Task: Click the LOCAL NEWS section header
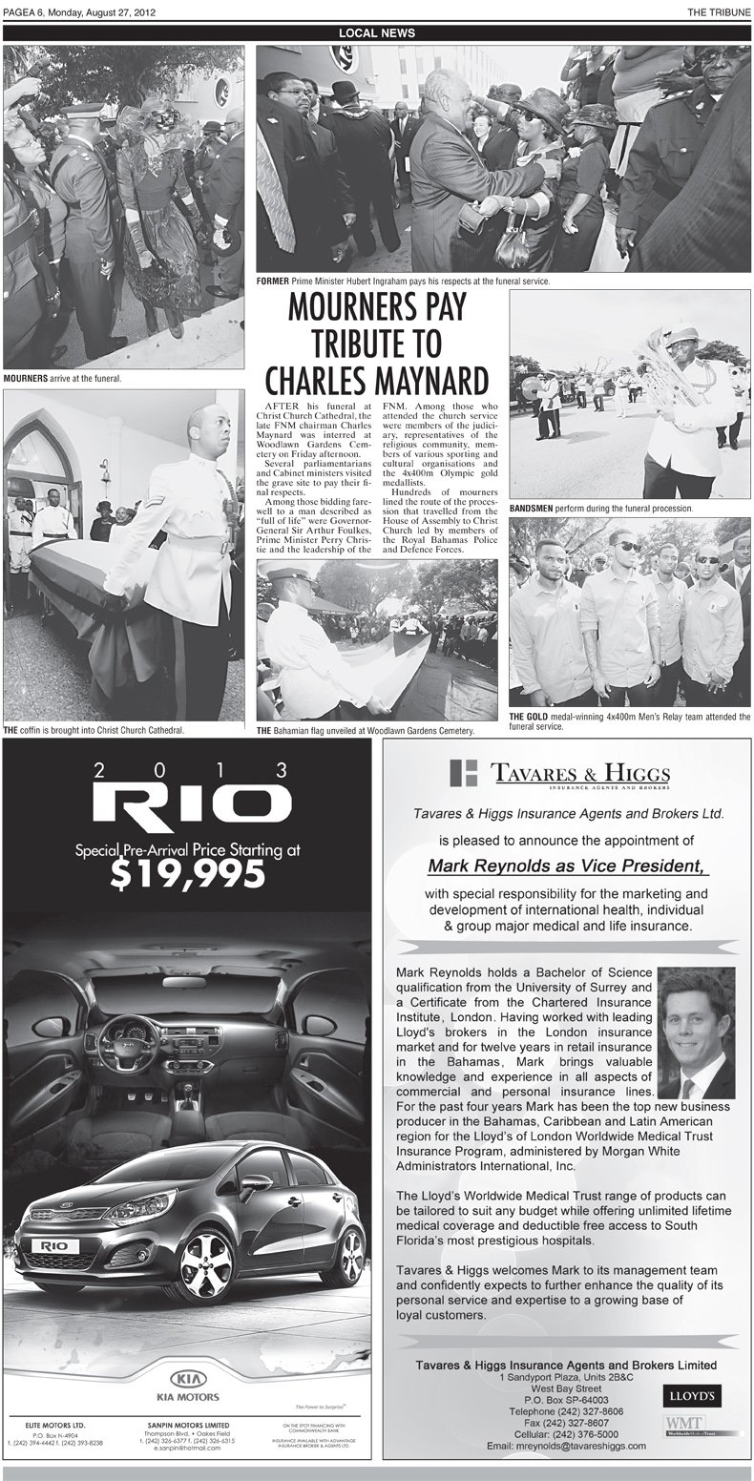377,32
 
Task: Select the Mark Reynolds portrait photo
696,1032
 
